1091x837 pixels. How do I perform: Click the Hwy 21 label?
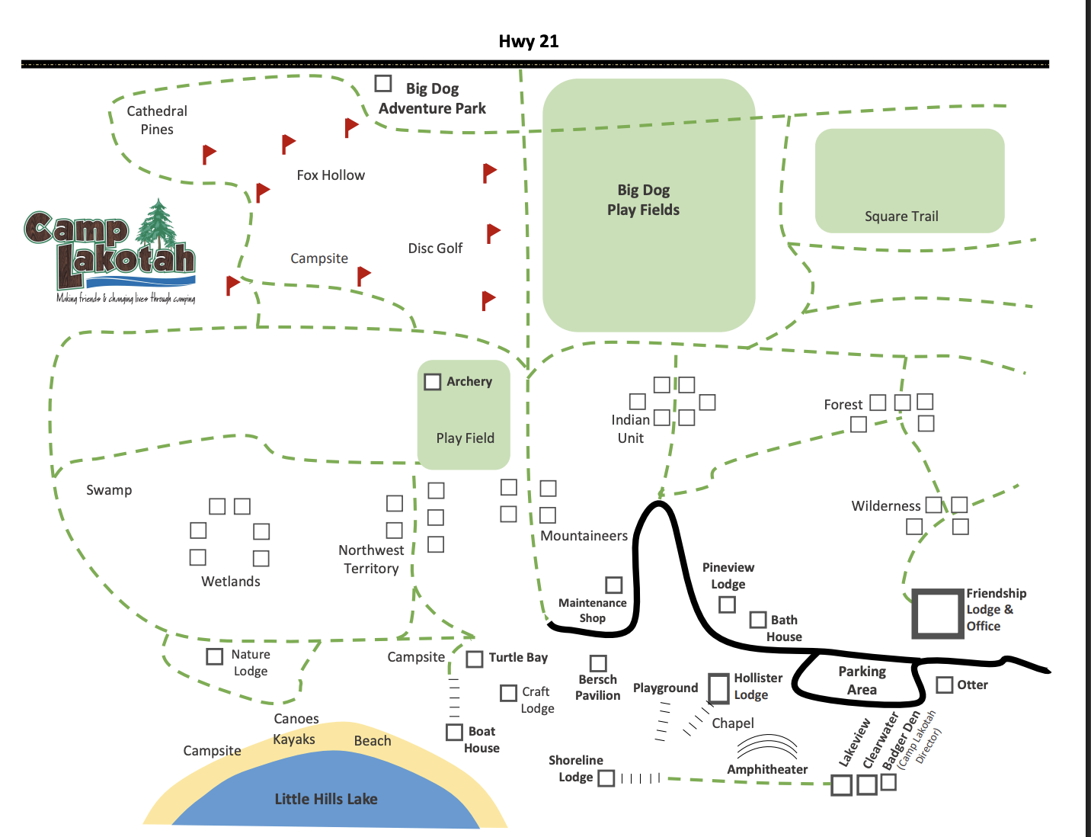point(528,41)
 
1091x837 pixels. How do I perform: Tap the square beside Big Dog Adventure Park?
point(383,83)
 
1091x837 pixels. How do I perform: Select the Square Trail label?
point(901,216)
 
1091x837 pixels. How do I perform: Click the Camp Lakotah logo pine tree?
point(158,226)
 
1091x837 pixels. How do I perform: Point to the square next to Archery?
point(432,382)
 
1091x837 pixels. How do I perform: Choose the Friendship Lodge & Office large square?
point(937,614)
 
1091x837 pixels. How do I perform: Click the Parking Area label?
point(862,680)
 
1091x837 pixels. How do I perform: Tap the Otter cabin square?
point(945,685)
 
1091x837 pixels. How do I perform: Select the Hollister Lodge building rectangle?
point(718,688)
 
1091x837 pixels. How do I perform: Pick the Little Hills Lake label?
point(326,799)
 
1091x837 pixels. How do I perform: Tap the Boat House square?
point(454,732)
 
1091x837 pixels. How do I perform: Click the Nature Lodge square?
point(214,656)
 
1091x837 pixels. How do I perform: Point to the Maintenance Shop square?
point(613,585)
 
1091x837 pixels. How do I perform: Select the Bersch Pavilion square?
point(598,662)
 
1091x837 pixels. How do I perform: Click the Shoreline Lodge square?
point(606,778)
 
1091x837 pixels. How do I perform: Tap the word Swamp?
point(109,490)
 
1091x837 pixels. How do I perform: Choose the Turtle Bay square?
point(475,659)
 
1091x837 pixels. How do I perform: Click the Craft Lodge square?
point(508,693)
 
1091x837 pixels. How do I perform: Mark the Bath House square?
point(757,620)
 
